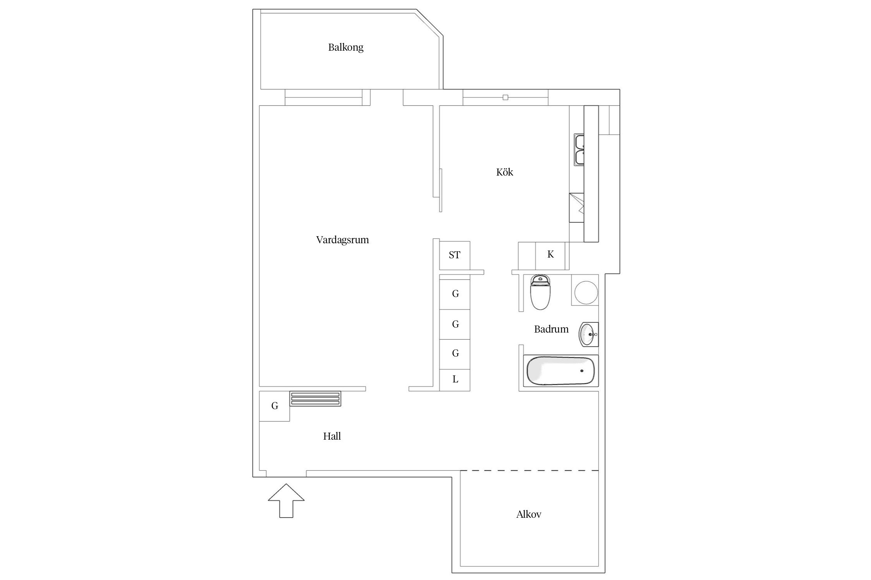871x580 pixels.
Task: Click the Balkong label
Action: tap(346, 48)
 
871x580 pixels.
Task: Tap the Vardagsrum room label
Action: tap(342, 240)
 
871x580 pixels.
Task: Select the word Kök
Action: tap(504, 172)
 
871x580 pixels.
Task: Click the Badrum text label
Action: tap(551, 329)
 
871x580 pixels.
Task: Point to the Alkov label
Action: tap(528, 514)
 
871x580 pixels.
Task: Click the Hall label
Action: tap(332, 436)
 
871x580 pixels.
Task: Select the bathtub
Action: tap(560, 371)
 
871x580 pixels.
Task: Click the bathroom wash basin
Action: tap(588, 334)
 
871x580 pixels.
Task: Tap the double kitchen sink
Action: tap(579, 150)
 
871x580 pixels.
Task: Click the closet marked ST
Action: tap(454, 255)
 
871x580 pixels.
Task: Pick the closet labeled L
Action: tap(455, 380)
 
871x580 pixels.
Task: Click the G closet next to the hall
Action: tap(274, 406)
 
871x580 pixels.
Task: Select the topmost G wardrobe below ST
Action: tap(455, 294)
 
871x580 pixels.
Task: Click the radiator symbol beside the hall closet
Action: tap(315, 399)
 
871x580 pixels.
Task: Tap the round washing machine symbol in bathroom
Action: tap(586, 292)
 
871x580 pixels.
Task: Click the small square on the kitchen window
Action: tap(505, 97)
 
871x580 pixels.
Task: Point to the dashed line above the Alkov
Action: tap(529, 471)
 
